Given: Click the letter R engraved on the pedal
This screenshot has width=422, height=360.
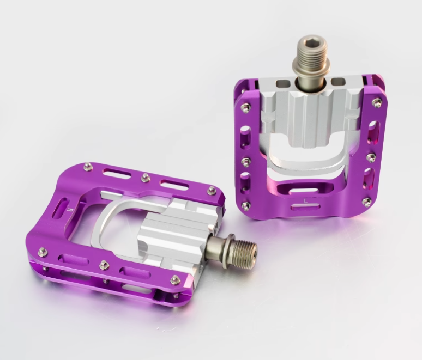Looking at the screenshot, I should (x=67, y=208).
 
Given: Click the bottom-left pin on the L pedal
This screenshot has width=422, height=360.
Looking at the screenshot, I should (x=245, y=205).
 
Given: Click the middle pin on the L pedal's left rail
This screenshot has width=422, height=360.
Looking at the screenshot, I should (x=244, y=161).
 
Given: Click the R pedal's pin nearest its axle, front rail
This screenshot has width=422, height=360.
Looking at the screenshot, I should (x=175, y=279).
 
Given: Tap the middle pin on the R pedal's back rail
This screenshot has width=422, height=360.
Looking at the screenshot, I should (x=145, y=176).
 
